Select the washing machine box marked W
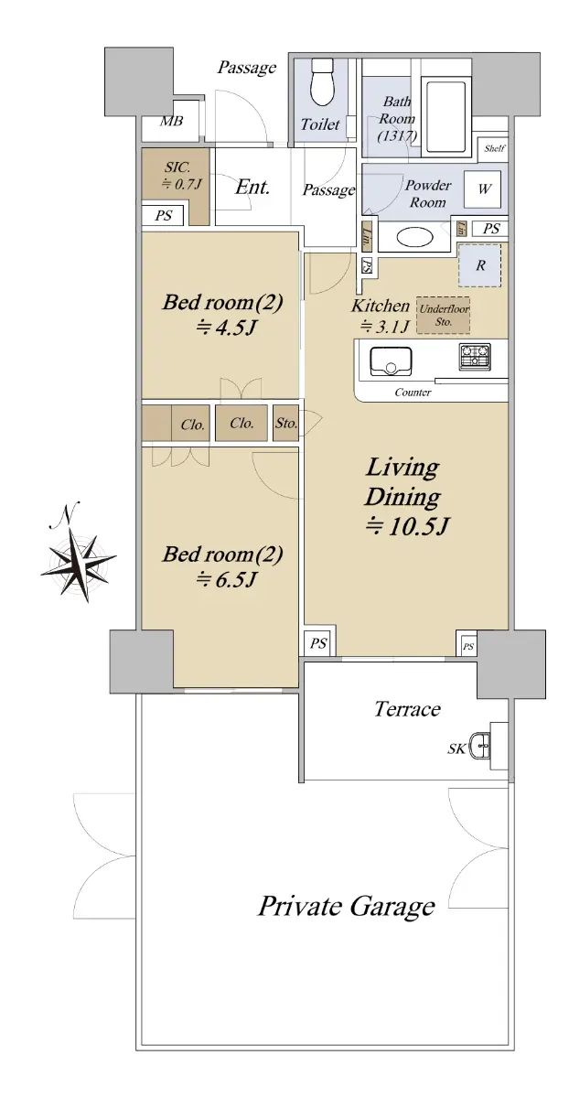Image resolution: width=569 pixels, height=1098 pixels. pyautogui.click(x=483, y=188)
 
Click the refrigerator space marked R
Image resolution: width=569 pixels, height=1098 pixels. pyautogui.click(x=479, y=265)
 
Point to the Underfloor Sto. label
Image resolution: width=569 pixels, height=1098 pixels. pyautogui.click(x=444, y=315)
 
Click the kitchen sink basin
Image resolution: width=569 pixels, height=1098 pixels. pyautogui.click(x=391, y=361)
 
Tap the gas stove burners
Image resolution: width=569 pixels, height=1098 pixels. pyautogui.click(x=475, y=356)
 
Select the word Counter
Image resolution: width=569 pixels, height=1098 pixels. pyautogui.click(x=413, y=393)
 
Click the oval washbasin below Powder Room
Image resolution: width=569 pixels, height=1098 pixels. pyautogui.click(x=414, y=238)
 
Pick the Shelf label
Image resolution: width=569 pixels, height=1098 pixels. pyautogui.click(x=493, y=148)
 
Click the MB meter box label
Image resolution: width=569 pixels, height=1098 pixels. pyautogui.click(x=171, y=121)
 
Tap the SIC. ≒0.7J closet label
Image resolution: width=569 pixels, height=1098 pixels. pyautogui.click(x=181, y=176)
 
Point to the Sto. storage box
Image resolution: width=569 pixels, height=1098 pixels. pyautogui.click(x=286, y=423)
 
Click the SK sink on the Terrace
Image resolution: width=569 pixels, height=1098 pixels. pyautogui.click(x=478, y=746)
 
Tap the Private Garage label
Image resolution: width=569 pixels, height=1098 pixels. pyautogui.click(x=347, y=907)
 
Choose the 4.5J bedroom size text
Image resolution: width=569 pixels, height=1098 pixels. pyautogui.click(x=225, y=327)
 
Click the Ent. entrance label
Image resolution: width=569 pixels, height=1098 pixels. pyautogui.click(x=252, y=187)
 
